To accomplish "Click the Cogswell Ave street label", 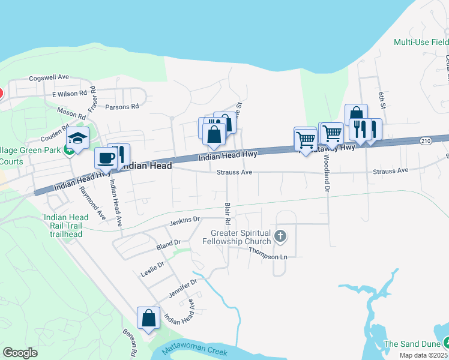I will (x=50, y=77).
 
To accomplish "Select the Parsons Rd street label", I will (x=122, y=107).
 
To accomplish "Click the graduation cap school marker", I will (x=77, y=139).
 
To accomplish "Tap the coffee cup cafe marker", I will (x=106, y=158).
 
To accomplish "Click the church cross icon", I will (x=280, y=237).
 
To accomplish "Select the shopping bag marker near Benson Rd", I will (x=148, y=319).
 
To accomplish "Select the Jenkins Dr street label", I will (x=184, y=220).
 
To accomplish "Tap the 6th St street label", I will (x=382, y=101).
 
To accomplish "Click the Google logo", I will (x=20, y=352).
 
